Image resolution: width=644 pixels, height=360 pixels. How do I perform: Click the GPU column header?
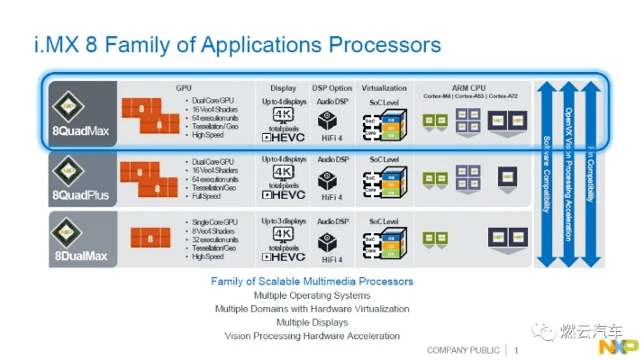click(x=186, y=87)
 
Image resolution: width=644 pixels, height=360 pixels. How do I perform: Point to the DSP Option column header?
click(x=332, y=88)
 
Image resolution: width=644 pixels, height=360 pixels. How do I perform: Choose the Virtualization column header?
click(x=385, y=88)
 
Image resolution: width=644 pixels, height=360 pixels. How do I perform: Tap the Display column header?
click(x=283, y=88)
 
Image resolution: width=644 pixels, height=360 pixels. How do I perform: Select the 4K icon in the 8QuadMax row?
click(x=283, y=114)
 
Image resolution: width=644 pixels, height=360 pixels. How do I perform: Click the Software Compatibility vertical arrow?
click(x=546, y=171)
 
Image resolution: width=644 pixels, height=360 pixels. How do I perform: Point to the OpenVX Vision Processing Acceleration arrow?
click(x=568, y=171)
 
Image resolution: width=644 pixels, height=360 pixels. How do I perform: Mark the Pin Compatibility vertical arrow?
click(x=591, y=171)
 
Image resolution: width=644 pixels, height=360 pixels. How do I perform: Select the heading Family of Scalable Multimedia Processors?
click(x=312, y=282)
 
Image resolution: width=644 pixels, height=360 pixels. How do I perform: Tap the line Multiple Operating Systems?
click(x=312, y=295)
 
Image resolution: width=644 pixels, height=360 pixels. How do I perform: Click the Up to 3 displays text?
click(x=283, y=220)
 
